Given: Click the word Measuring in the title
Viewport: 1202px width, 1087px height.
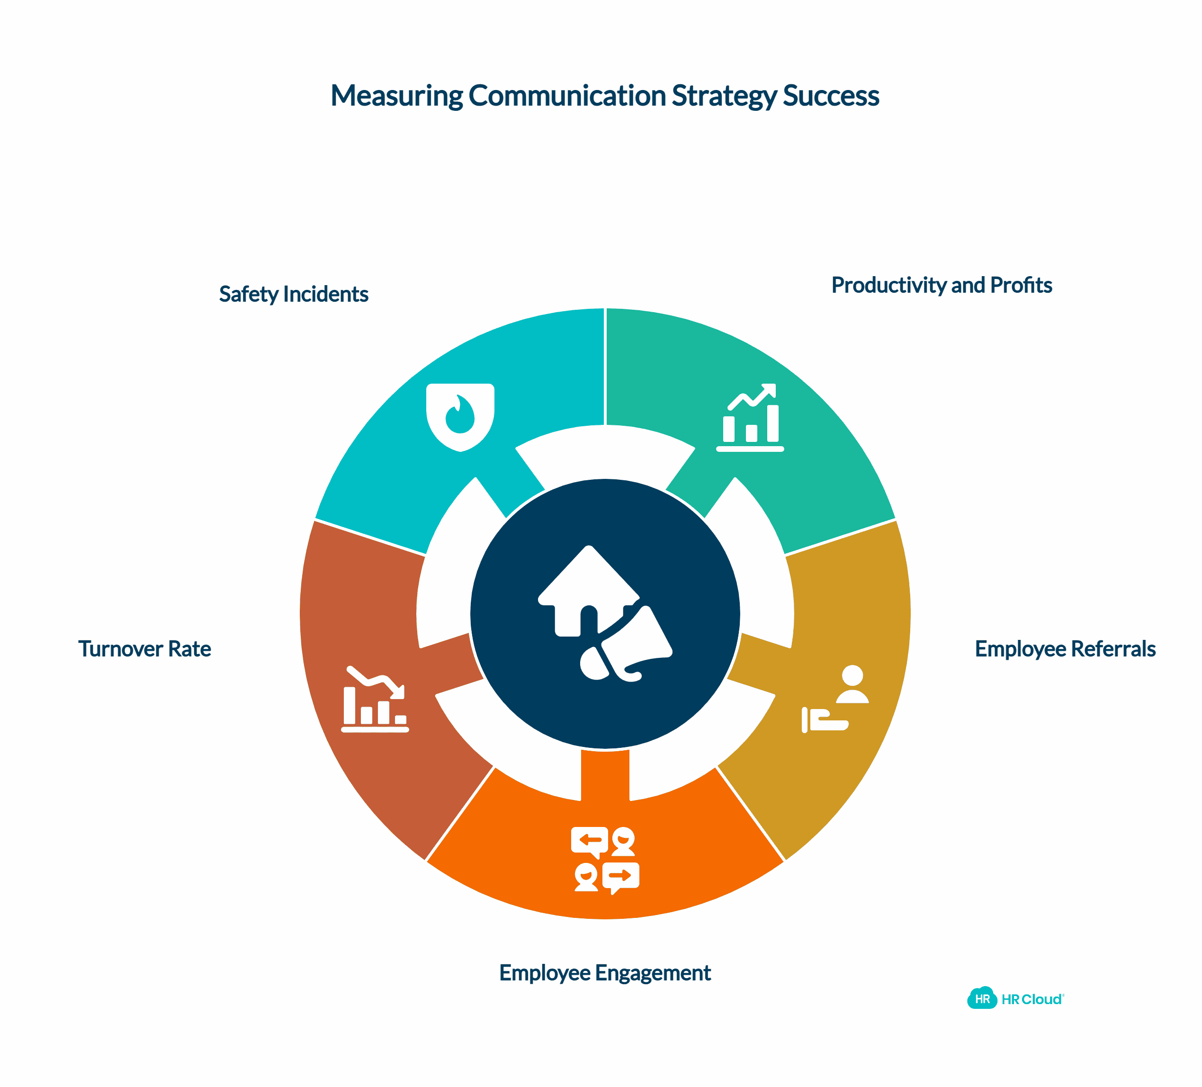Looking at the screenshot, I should [396, 96].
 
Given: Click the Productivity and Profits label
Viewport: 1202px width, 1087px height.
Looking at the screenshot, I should [942, 285].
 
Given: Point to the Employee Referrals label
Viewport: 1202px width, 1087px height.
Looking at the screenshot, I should [1065, 649].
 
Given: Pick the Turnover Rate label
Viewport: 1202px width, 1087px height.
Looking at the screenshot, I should [145, 649].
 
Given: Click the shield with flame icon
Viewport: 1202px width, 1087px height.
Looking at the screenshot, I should [460, 417].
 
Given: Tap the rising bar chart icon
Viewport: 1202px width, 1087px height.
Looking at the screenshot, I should [750, 417].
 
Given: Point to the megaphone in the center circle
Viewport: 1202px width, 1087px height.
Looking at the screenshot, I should [632, 647].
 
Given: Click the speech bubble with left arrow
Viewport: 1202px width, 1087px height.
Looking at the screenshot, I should [589, 841].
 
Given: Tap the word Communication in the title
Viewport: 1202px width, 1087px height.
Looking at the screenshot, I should [567, 96].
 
